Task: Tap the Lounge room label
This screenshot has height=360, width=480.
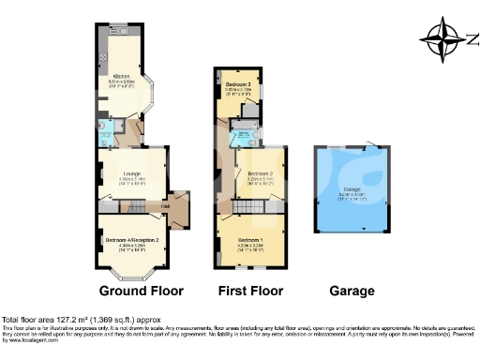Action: point(133,173)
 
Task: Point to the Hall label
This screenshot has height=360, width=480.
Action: point(165,207)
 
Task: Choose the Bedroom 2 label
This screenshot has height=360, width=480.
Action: point(260,174)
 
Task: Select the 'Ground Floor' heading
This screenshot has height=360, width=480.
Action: point(141,291)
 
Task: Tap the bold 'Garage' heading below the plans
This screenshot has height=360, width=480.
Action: point(352,291)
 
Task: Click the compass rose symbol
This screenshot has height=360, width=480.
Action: point(439,39)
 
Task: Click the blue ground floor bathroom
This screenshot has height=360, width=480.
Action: point(111,128)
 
